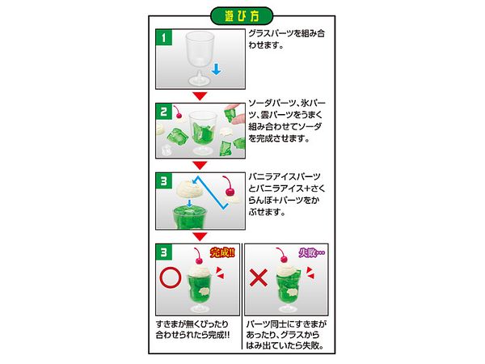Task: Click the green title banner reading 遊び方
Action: [x=242, y=16]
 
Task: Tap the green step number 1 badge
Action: [x=163, y=37]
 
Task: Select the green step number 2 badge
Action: [x=163, y=112]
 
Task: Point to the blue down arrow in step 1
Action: [x=216, y=69]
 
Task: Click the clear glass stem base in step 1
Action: [x=200, y=79]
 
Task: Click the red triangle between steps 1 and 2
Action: [x=200, y=96]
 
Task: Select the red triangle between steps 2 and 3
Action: [x=200, y=165]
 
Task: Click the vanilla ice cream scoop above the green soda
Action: [x=189, y=188]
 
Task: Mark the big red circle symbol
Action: [x=170, y=277]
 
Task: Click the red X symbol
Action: [x=259, y=277]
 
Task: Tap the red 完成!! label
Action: [x=222, y=252]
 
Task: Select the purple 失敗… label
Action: [x=311, y=253]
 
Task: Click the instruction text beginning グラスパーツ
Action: [x=286, y=39]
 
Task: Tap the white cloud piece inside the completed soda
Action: [x=205, y=291]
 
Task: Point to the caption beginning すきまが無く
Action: [x=192, y=329]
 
